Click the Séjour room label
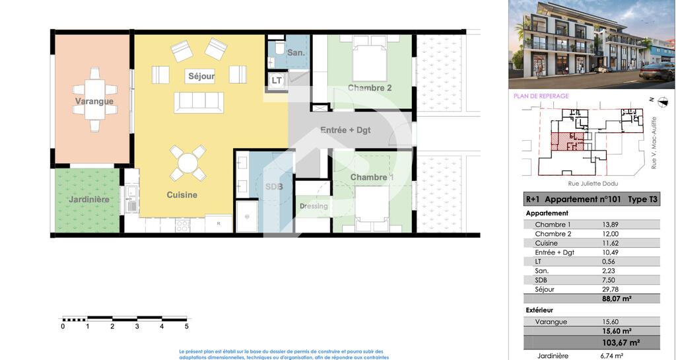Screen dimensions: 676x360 click(201, 77)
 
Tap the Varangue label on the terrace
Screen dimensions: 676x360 click(94, 101)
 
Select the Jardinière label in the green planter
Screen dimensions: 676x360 click(89, 199)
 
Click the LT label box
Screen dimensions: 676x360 click(277, 81)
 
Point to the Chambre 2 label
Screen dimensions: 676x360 click(370, 88)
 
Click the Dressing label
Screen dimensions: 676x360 click(314, 206)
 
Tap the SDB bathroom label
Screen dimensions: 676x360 click(274, 187)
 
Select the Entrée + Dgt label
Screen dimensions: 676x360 click(345, 129)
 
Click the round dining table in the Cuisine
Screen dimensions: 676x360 click(188, 163)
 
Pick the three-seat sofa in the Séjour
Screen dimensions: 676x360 click(199, 102)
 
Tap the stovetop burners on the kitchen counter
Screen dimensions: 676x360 click(182, 225)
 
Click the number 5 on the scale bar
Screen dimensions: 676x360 click(187, 326)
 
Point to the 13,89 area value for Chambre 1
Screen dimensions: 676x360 click(611, 225)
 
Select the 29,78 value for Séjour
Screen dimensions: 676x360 click(611, 289)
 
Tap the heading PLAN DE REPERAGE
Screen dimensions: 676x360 click(541, 96)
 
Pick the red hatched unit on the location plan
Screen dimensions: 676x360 click(567, 142)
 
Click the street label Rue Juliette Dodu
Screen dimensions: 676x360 click(593, 184)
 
